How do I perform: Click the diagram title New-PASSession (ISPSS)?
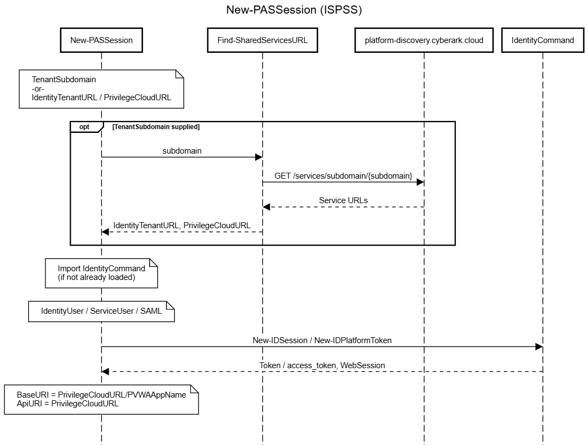click(x=294, y=10)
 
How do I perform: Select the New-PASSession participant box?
click(x=101, y=40)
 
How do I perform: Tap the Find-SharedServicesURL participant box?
click(x=263, y=40)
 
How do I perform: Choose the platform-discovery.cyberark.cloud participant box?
click(x=424, y=40)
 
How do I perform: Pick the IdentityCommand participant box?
click(x=543, y=40)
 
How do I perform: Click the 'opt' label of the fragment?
click(x=84, y=127)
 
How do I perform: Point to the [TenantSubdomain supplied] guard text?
click(x=156, y=127)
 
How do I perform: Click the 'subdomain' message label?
click(x=182, y=151)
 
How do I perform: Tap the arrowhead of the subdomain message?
click(x=259, y=157)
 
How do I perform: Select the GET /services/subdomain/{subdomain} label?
click(x=343, y=176)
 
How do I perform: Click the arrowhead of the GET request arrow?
click(x=420, y=182)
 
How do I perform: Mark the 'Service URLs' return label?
click(x=343, y=200)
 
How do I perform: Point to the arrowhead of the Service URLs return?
click(x=266, y=207)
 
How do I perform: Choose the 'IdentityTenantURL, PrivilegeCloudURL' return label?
click(x=182, y=225)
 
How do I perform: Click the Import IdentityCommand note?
click(x=101, y=273)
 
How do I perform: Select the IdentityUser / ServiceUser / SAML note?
click(x=101, y=312)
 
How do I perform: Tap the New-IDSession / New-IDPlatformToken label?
click(x=322, y=340)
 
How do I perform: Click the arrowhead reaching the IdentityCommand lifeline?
click(x=539, y=346)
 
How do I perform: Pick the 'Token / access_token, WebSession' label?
click(x=322, y=366)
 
